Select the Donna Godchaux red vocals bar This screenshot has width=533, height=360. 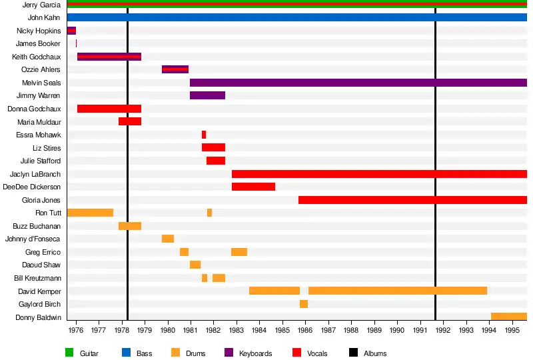[109, 109]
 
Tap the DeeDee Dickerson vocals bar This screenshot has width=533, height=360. [253, 187]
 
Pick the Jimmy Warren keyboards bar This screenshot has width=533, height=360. [207, 95]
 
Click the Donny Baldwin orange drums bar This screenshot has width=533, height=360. [509, 317]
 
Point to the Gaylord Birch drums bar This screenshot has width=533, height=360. [304, 304]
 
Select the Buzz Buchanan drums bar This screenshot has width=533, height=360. [130, 226]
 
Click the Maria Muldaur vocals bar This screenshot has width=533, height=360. [130, 121]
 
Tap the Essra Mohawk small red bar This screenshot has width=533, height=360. [204, 135]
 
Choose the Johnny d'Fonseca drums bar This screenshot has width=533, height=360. [168, 239]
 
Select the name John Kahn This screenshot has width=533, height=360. [44, 17]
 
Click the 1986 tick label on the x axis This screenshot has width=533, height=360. [305, 330]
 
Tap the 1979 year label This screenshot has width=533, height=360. [145, 330]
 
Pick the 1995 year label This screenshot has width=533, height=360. [512, 330]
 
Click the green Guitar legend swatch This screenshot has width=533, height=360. [69, 353]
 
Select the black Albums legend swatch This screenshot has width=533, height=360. [353, 353]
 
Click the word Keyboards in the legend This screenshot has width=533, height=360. [255, 353]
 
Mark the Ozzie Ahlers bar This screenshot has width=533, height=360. [175, 69]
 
